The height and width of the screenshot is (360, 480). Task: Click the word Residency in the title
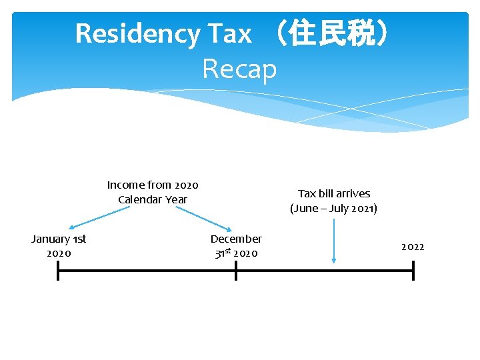pyautogui.click(x=137, y=33)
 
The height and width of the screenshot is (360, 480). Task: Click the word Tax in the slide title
pyautogui.click(x=230, y=33)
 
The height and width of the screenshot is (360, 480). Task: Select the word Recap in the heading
pyautogui.click(x=239, y=68)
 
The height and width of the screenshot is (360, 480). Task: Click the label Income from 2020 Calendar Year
pyautogui.click(x=153, y=192)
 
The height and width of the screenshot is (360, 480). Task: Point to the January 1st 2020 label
pyautogui.click(x=59, y=245)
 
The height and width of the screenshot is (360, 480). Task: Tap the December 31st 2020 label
pyautogui.click(x=236, y=245)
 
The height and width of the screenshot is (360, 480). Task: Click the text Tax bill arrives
pyautogui.click(x=333, y=193)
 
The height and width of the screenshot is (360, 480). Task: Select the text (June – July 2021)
pyautogui.click(x=333, y=209)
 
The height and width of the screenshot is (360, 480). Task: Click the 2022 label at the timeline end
pyautogui.click(x=413, y=247)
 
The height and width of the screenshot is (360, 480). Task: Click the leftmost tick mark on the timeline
pyautogui.click(x=58, y=271)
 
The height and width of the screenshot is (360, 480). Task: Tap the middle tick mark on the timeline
pyautogui.click(x=235, y=271)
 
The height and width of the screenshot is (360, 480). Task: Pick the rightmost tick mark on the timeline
pyautogui.click(x=413, y=271)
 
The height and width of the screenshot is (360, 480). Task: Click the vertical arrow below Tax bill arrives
pyautogui.click(x=333, y=240)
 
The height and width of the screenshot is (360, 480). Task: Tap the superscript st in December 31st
pyautogui.click(x=228, y=251)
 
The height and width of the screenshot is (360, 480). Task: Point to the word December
pyautogui.click(x=236, y=239)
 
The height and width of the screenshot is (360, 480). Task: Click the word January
pyautogui.click(x=50, y=239)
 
